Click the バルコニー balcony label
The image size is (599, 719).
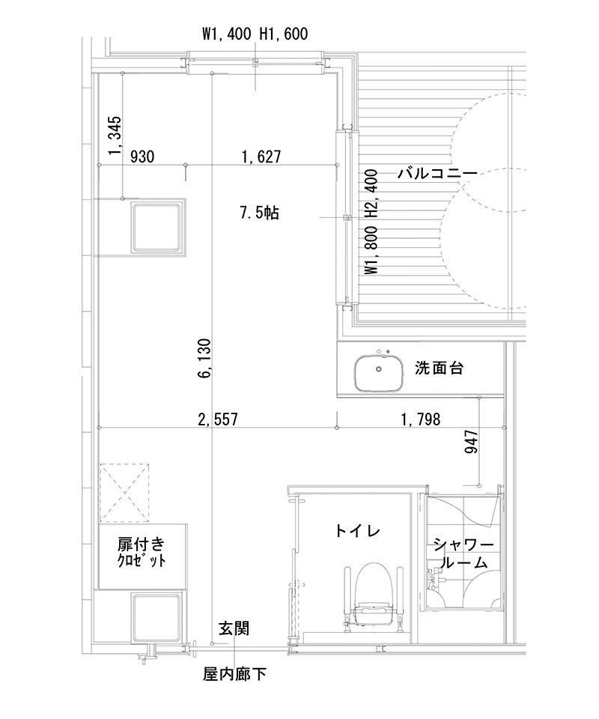point(437,174)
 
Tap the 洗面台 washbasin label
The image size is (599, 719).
point(440,368)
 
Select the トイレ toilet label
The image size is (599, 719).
point(358,531)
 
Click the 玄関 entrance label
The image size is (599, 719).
point(234,628)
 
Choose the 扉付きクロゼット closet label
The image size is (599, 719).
point(142,551)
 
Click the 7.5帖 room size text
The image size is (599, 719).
point(259,213)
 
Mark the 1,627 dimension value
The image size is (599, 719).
point(261,157)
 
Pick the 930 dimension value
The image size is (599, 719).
point(142,157)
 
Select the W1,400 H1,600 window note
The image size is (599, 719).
point(255,34)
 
